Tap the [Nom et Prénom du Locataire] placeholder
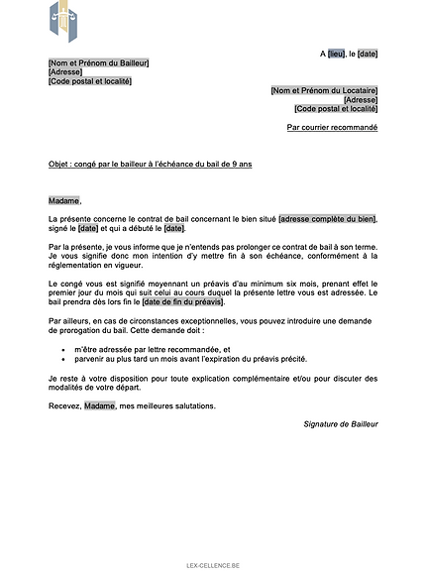pyautogui.click(x=324, y=90)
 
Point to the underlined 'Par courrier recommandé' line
pyautogui.click(x=332, y=127)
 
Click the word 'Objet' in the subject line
pyautogui.click(x=58, y=164)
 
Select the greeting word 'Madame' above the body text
pyautogui.click(x=64, y=201)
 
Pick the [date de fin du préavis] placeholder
pyautogui.click(x=183, y=302)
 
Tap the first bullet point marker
pyautogui.click(x=63, y=350)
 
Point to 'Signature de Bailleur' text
pyautogui.click(x=341, y=424)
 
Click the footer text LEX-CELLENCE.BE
pyautogui.click(x=213, y=565)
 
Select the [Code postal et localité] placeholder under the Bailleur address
pyautogui.click(x=90, y=81)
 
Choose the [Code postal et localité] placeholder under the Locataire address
pyautogui.click(x=336, y=108)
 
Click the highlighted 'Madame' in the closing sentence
pyautogui.click(x=99, y=405)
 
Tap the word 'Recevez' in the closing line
pyautogui.click(x=63, y=405)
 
